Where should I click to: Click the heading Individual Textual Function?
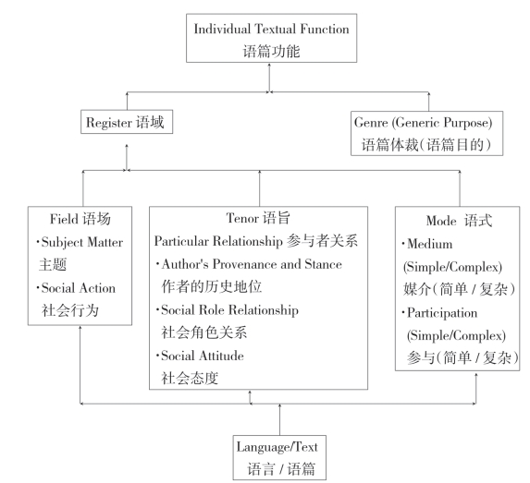click(x=271, y=29)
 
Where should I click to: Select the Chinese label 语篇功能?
click(x=271, y=52)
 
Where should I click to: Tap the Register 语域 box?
click(x=127, y=122)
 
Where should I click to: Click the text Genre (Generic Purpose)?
click(x=424, y=122)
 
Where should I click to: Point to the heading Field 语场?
click(x=80, y=219)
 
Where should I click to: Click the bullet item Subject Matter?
click(x=81, y=242)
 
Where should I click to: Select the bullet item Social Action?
click(x=79, y=288)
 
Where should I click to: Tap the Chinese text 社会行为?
click(x=70, y=310)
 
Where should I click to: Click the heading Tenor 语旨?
click(x=258, y=218)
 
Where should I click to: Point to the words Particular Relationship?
click(x=218, y=241)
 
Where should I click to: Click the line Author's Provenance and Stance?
click(x=252, y=264)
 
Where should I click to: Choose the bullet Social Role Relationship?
click(x=229, y=310)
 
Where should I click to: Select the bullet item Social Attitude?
click(x=203, y=356)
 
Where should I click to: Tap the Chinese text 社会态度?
click(x=190, y=378)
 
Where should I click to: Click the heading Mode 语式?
click(x=459, y=221)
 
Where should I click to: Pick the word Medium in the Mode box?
click(x=429, y=244)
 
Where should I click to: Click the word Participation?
click(x=442, y=313)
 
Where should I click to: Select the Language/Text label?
click(x=277, y=447)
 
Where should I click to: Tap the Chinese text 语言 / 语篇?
click(x=281, y=469)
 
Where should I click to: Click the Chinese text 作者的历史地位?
click(x=212, y=286)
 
